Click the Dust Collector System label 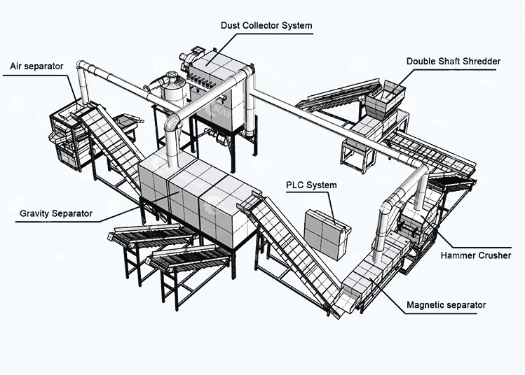[266, 25]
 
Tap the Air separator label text [36, 66]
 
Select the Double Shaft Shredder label [454, 62]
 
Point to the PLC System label [311, 185]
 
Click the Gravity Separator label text [56, 213]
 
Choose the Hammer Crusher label [476, 255]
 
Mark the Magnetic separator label [446, 305]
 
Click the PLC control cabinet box [327, 234]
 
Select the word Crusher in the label [494, 255]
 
